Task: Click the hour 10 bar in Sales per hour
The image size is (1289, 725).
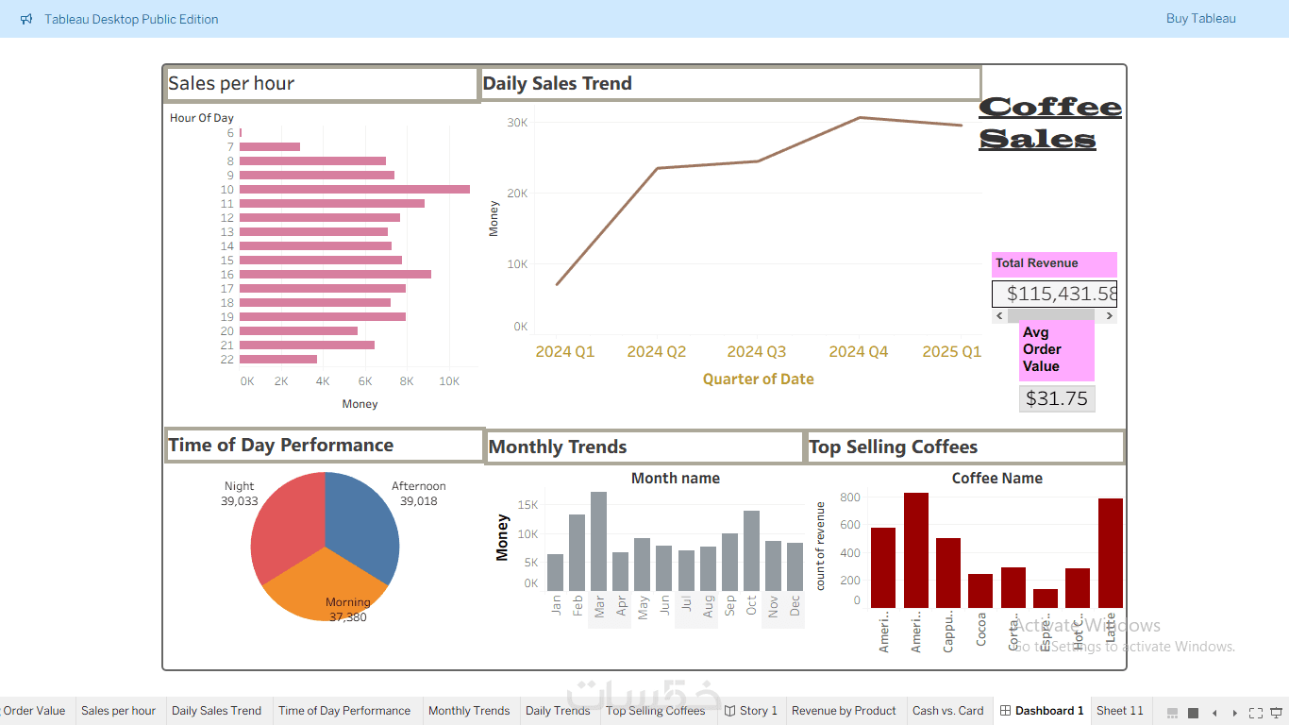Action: click(x=354, y=190)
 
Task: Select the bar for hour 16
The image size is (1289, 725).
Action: click(x=335, y=275)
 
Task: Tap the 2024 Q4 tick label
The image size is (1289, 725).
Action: click(x=858, y=352)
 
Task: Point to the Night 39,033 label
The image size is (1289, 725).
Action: click(x=240, y=495)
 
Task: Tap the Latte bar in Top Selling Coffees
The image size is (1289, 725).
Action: click(x=1111, y=553)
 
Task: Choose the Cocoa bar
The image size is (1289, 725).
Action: click(x=980, y=590)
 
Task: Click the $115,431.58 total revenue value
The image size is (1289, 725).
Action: click(x=1054, y=294)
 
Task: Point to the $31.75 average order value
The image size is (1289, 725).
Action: click(x=1057, y=398)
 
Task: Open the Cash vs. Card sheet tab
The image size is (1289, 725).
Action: click(x=947, y=711)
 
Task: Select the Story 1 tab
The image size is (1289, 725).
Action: click(x=751, y=711)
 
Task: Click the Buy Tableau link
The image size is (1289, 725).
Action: click(x=1200, y=19)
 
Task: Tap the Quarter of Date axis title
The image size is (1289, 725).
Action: click(x=758, y=379)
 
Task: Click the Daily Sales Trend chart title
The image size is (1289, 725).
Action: click(x=558, y=84)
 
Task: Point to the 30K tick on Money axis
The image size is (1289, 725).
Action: click(x=516, y=123)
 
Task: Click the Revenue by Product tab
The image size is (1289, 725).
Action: click(x=844, y=711)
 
